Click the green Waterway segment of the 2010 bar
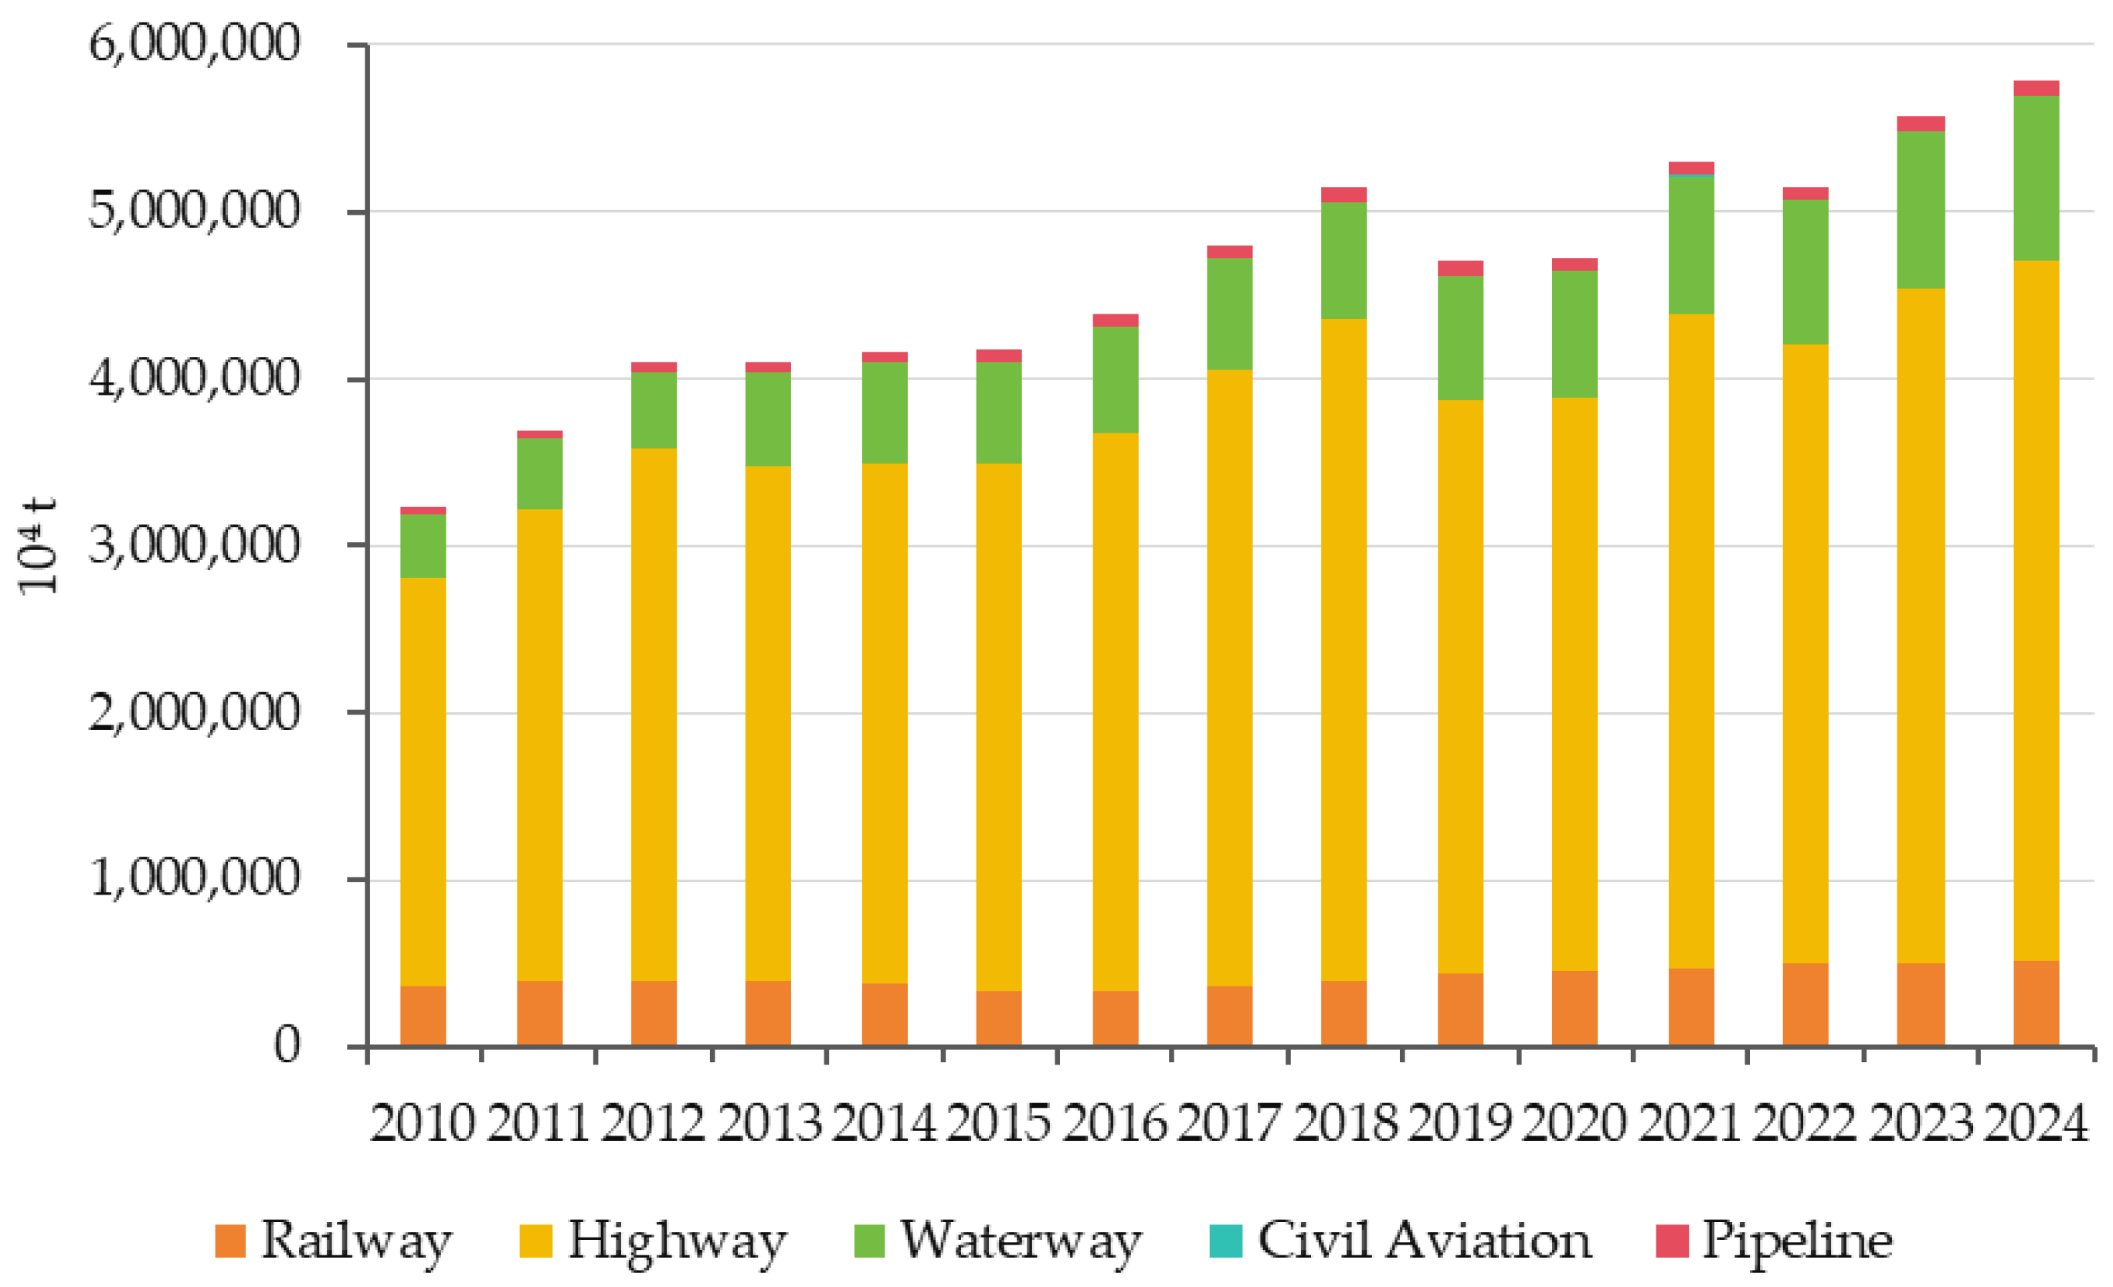423,545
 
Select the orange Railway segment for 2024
2036,1003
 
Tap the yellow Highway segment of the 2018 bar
1344,650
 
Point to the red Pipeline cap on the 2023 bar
1921,124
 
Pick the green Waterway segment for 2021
1691,245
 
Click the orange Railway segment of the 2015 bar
999,1019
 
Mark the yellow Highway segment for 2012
654,715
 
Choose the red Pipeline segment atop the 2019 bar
1460,268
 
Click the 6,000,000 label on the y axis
195,42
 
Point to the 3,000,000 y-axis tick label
195,545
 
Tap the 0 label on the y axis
287,1045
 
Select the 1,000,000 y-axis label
195,879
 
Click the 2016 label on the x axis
1114,1122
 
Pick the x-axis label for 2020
1574,1122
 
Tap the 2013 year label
769,1122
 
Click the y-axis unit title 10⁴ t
39,545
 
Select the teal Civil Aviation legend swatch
1225,1241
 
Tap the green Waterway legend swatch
870,1241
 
